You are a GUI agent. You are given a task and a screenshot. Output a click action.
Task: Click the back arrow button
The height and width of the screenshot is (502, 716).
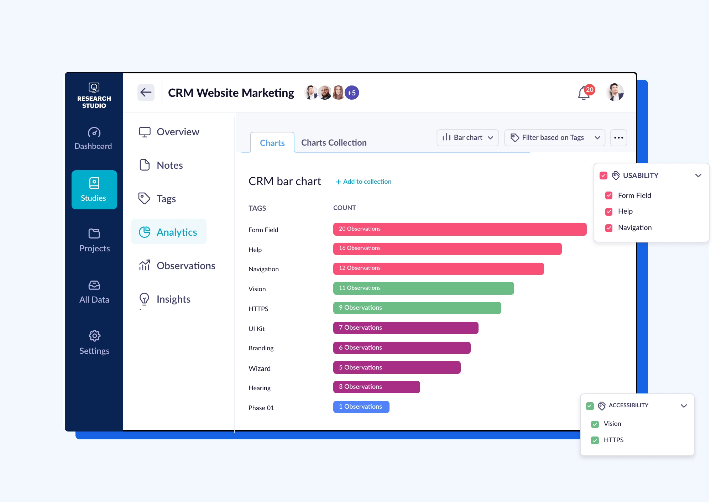(x=146, y=93)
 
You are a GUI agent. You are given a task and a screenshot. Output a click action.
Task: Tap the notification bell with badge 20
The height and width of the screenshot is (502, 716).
(x=584, y=93)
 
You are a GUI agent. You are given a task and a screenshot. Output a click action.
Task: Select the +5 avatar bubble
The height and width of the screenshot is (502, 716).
(x=352, y=93)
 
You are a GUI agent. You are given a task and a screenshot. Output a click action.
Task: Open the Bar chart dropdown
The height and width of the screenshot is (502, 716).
(x=467, y=138)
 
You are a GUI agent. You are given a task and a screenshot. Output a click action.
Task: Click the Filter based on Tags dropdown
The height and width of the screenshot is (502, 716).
(x=554, y=138)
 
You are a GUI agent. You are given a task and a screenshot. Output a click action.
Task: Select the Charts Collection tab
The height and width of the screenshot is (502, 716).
(x=334, y=143)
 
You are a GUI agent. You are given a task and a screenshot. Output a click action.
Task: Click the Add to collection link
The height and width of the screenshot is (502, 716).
(x=364, y=182)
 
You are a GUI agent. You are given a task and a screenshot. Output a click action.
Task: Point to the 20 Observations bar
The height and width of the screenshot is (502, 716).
(x=459, y=229)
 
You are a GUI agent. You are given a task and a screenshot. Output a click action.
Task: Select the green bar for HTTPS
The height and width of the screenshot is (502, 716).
(x=417, y=308)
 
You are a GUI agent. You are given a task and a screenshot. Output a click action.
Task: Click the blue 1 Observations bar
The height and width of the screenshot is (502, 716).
(x=361, y=407)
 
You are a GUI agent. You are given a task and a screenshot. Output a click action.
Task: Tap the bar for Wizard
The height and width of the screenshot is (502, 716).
(x=397, y=367)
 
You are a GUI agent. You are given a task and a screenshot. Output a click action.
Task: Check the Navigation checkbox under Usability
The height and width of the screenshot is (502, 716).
(x=609, y=228)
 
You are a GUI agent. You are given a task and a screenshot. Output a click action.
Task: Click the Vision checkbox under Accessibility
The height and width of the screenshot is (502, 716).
(x=595, y=424)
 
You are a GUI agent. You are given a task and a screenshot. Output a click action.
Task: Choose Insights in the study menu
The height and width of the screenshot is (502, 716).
(x=173, y=299)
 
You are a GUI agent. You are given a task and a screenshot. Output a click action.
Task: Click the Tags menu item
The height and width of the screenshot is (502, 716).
(x=166, y=199)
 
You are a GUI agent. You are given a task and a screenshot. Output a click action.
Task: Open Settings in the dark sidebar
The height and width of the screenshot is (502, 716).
(x=94, y=342)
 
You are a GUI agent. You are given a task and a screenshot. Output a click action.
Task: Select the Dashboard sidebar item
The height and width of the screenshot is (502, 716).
(x=93, y=138)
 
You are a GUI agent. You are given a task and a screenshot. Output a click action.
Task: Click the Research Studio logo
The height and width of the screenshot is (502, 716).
(x=94, y=95)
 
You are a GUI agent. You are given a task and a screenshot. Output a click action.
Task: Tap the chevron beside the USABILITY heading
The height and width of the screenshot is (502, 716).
(x=698, y=176)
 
